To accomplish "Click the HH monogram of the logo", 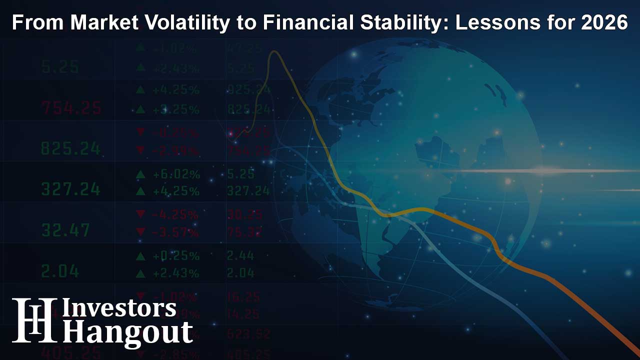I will point(34,320).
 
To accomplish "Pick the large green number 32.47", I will point(65,230).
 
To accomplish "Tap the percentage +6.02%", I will point(176,174).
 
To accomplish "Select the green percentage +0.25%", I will point(176,256).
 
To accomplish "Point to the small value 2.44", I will point(240,256).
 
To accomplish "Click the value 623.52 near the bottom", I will point(249,332).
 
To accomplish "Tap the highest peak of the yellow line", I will point(273,52).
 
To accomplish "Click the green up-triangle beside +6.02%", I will point(140,174).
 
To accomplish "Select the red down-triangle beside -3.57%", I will point(140,232).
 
